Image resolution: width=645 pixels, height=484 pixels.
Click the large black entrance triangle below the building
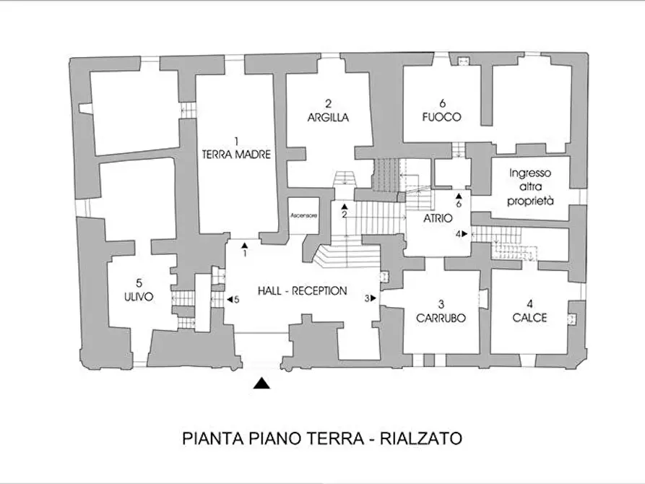[x=264, y=384]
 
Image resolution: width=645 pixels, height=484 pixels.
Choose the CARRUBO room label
[x=440, y=317]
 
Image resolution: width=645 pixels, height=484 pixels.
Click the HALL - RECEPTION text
[x=302, y=291]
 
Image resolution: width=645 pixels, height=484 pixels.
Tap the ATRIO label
[x=438, y=218]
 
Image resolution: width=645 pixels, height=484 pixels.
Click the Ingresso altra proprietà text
[x=529, y=188]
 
